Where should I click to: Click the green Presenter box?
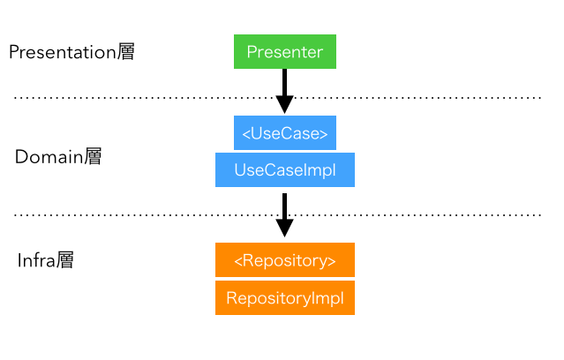click(284, 52)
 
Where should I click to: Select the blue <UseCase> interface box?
click(284, 133)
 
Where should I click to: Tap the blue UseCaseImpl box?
click(284, 169)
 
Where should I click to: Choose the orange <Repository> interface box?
click(284, 261)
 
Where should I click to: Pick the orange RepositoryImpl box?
click(284, 298)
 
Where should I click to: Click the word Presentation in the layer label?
click(62, 53)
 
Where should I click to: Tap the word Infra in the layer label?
click(36, 261)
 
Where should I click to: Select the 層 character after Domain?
click(93, 158)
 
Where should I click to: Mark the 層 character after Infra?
click(64, 261)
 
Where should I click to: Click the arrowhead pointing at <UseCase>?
click(284, 104)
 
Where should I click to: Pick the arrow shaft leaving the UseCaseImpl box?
click(284, 205)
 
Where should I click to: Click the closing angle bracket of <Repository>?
click(332, 262)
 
